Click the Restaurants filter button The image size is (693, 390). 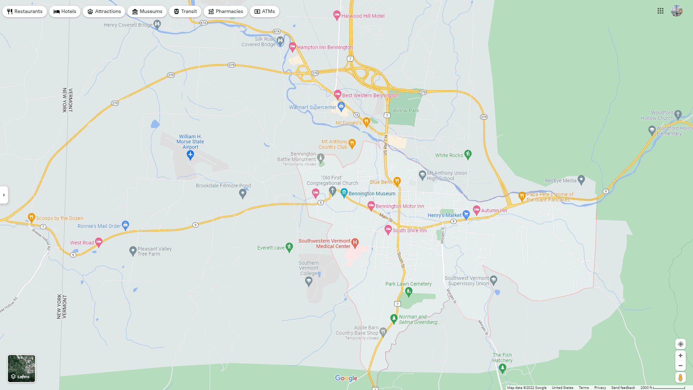click(25, 12)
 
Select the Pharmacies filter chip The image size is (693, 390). click(225, 12)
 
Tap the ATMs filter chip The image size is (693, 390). click(265, 12)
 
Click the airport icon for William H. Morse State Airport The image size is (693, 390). click(190, 155)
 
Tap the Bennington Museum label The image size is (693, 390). click(372, 194)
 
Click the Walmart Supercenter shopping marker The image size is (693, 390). click(341, 106)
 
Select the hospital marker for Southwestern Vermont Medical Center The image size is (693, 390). click(355, 243)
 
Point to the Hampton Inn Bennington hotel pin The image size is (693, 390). click(292, 47)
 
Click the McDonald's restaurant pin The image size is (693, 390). click(366, 122)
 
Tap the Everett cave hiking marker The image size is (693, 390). click(289, 247)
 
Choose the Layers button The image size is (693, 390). click(22, 368)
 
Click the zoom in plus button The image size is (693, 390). click(680, 356)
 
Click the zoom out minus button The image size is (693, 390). click(680, 366)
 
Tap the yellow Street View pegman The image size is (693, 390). click(680, 378)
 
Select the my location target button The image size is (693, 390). click(680, 344)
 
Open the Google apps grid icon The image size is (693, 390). click(661, 11)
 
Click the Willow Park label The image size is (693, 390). click(406, 110)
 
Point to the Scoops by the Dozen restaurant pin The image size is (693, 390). click(31, 217)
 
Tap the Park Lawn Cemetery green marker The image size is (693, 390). click(409, 292)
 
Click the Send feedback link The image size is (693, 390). click(623, 388)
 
